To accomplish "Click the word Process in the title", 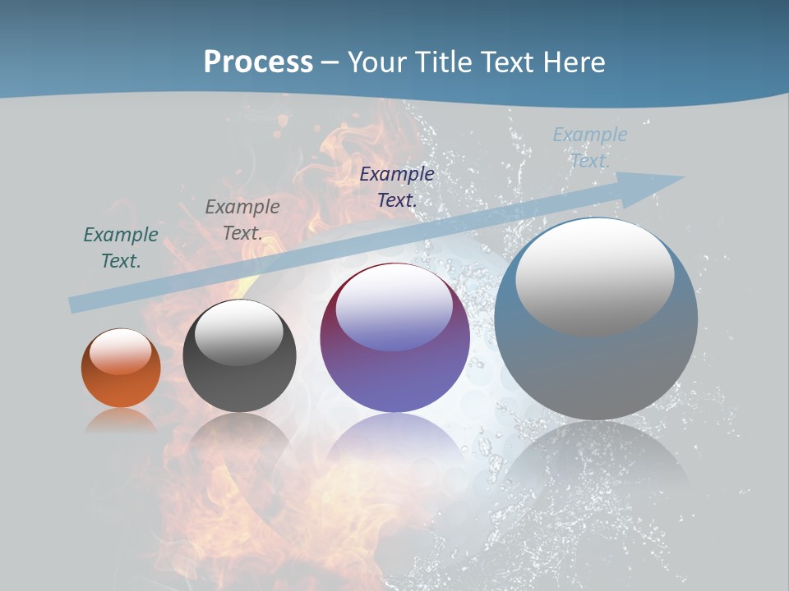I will tap(258, 62).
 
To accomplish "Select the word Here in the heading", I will tap(574, 62).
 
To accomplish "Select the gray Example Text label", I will tap(242, 220).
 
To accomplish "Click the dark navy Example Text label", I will tap(397, 186).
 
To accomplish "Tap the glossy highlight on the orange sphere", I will tap(121, 351).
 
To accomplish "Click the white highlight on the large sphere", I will tap(595, 277).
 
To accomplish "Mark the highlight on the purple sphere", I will tap(394, 306).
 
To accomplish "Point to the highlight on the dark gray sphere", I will tap(239, 332).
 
